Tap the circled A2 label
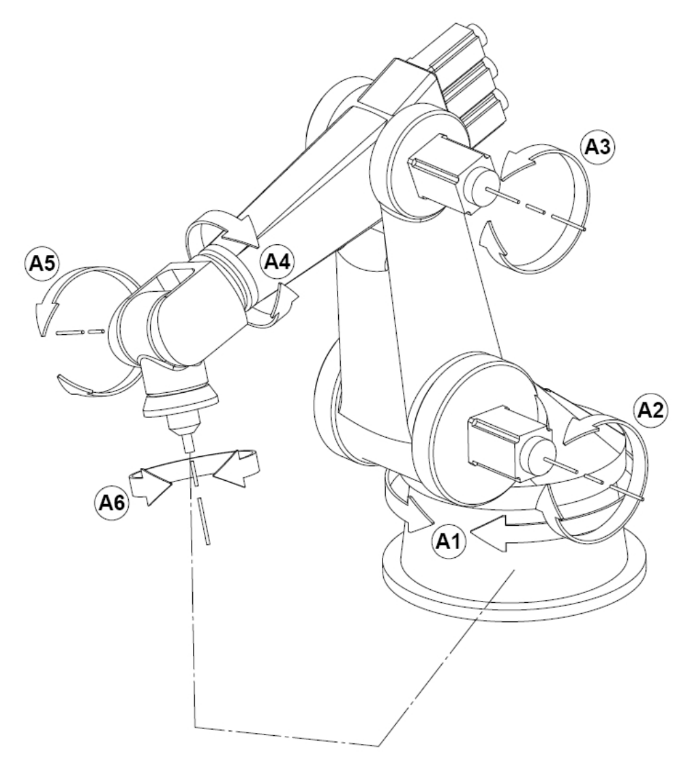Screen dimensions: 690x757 (x=650, y=410)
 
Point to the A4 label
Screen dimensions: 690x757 (x=278, y=262)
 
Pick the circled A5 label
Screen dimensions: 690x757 (x=42, y=264)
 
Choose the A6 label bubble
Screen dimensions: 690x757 (x=111, y=503)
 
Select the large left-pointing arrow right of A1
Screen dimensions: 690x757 (x=502, y=533)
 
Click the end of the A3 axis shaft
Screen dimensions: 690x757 (x=584, y=229)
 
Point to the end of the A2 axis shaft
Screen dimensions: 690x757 (x=643, y=499)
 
